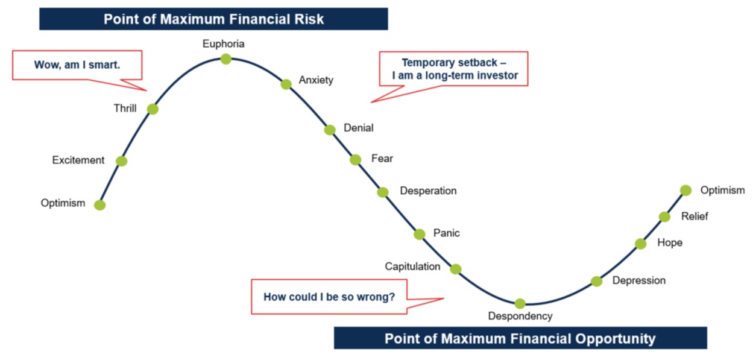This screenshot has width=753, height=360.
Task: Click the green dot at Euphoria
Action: point(225,58)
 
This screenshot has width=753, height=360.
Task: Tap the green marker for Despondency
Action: point(520,303)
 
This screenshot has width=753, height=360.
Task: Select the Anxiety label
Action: point(316,80)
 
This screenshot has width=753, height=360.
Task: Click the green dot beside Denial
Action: point(330,130)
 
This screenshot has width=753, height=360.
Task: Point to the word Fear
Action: point(382,159)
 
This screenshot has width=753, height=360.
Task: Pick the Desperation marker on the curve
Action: point(383,192)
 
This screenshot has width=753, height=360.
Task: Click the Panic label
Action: point(446,233)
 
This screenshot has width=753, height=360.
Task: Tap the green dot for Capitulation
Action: point(456,269)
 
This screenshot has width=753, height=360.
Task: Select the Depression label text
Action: point(638,280)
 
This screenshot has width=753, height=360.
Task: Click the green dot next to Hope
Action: point(640,244)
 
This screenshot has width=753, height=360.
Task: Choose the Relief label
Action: point(695,216)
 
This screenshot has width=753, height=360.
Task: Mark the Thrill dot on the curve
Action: point(153,109)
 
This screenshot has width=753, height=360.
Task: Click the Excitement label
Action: point(78,160)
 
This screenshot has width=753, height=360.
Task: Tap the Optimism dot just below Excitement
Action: point(100,205)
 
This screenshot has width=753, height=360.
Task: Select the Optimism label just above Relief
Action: point(722,191)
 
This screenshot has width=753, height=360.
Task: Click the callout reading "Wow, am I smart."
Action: point(77,65)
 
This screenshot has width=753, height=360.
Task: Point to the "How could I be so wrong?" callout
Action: point(329,297)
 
